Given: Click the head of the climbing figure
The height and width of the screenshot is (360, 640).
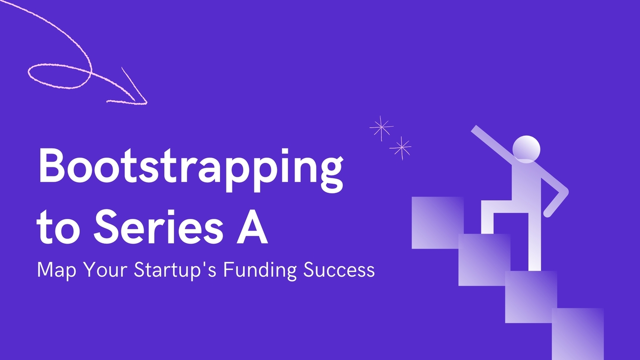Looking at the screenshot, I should coord(526,149).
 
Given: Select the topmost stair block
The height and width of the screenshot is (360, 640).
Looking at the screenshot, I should coord(437,222).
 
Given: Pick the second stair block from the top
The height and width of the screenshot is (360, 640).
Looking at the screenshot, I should coord(484,259).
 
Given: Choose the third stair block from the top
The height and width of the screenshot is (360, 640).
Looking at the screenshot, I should coord(531,296).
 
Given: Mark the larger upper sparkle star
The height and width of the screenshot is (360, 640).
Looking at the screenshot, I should coord(381,128).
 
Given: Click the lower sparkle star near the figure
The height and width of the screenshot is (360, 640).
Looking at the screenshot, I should coord(400,147).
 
